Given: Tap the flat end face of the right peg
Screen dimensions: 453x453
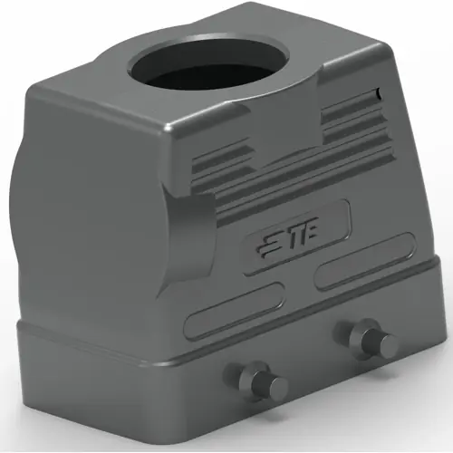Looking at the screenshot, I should tap(387, 344).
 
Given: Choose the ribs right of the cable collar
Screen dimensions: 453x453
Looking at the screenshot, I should tap(348, 117).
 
